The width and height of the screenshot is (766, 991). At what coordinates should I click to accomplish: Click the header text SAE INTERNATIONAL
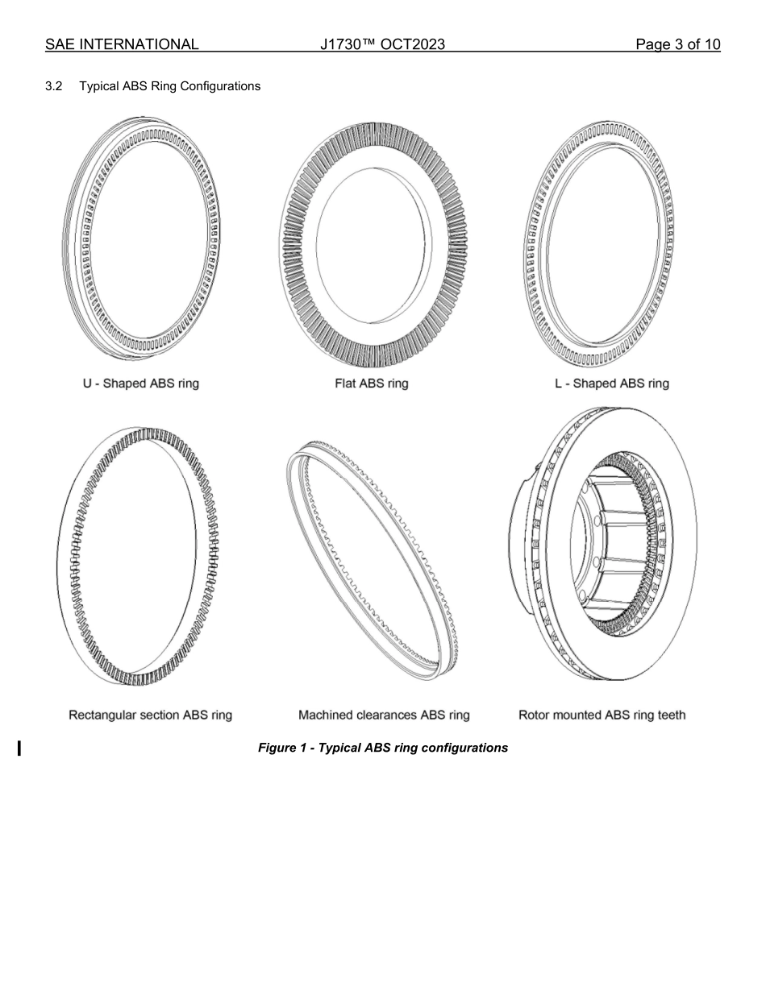122,44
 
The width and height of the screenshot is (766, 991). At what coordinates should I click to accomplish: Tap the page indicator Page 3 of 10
677,44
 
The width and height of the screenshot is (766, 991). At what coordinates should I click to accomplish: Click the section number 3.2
55,85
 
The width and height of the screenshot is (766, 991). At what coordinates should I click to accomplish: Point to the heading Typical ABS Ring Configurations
170,85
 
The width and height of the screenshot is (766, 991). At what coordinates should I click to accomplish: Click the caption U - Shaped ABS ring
141,384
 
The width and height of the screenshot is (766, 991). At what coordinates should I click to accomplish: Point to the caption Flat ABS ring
372,384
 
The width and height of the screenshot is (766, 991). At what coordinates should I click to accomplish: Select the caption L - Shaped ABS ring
612,384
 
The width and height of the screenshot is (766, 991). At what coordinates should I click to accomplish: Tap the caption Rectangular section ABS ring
151,715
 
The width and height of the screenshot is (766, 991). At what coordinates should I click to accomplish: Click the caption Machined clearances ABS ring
384,715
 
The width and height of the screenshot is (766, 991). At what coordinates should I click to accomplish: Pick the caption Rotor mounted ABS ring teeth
602,715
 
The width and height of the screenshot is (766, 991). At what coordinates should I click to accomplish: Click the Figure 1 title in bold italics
383,748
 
